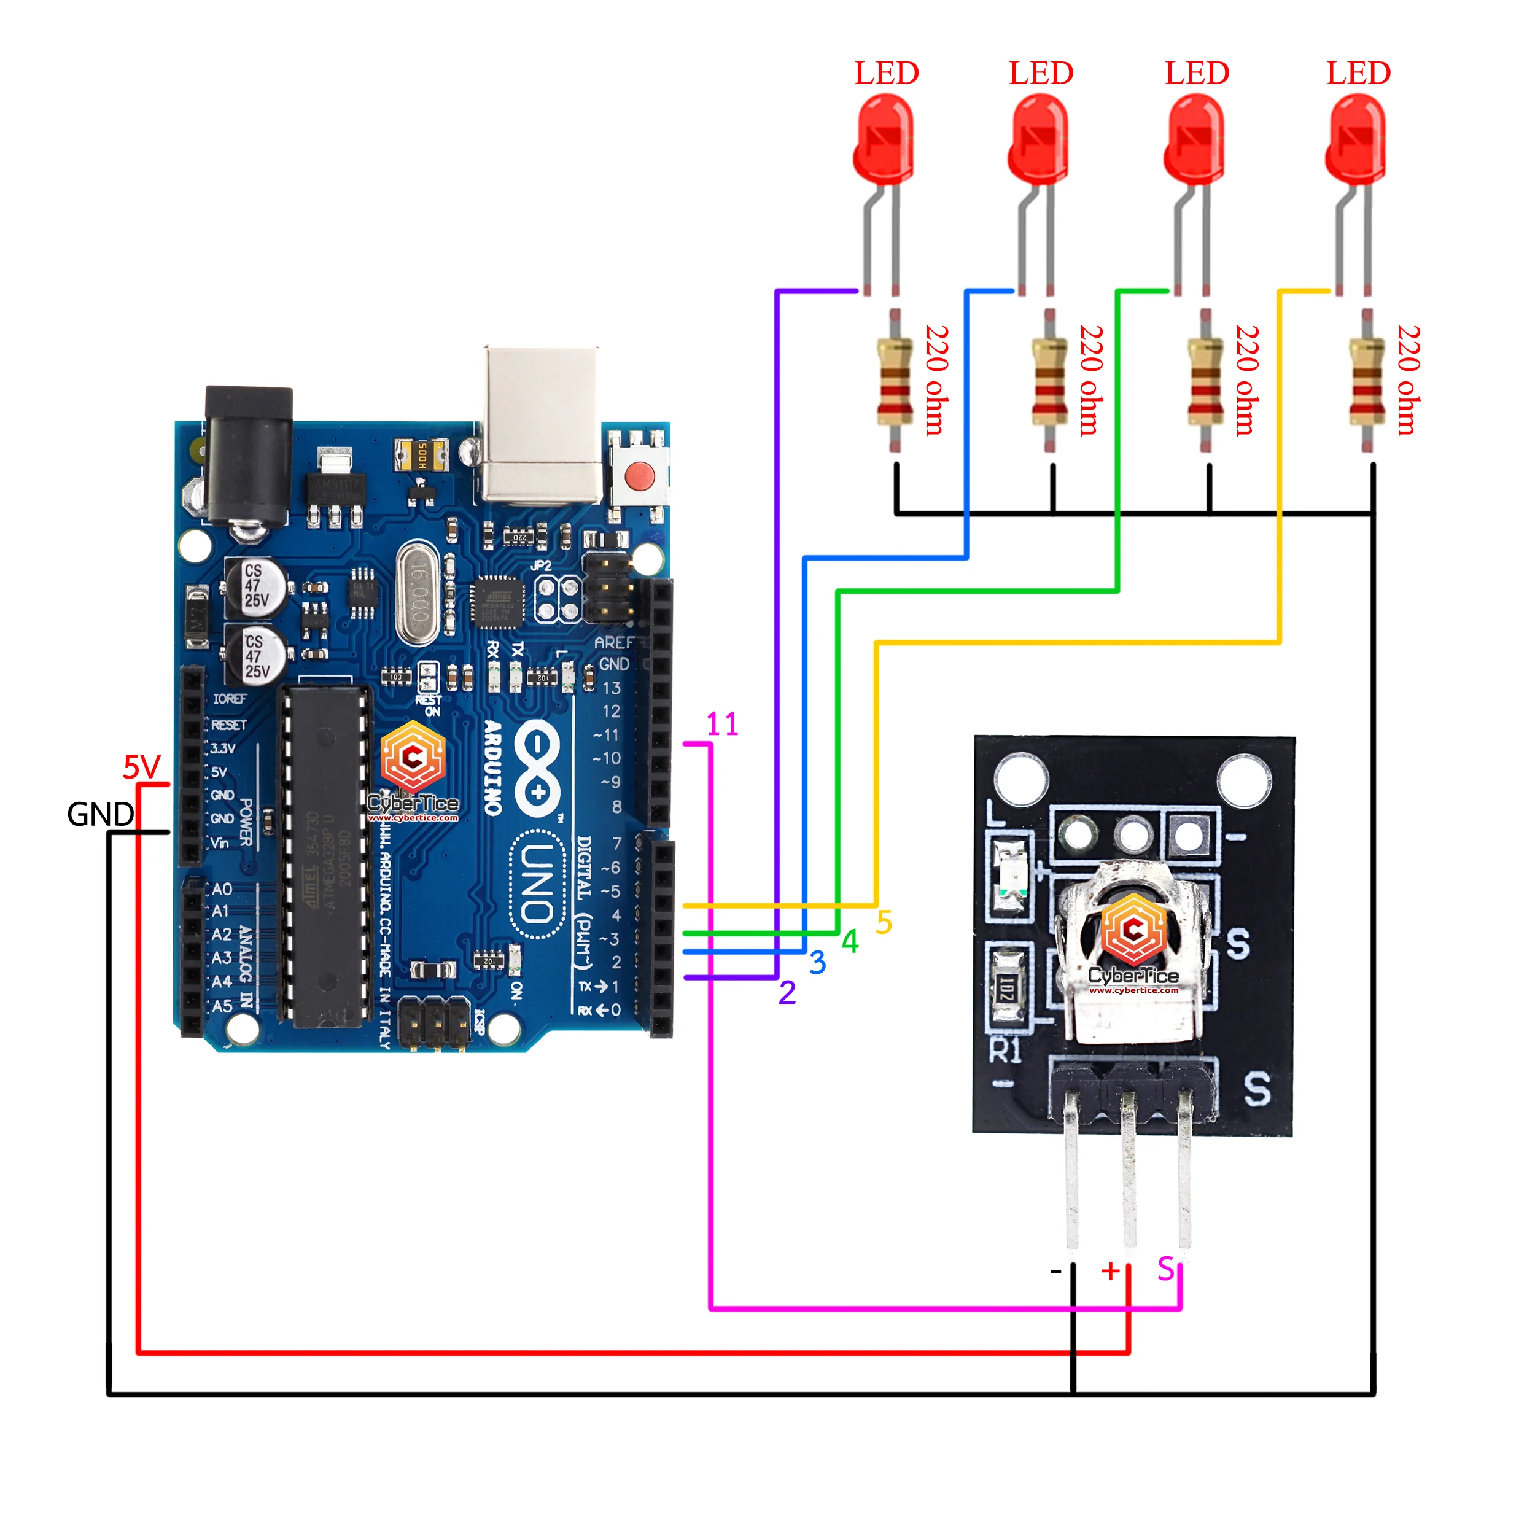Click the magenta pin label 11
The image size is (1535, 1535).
[721, 724]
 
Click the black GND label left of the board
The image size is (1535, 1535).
[100, 814]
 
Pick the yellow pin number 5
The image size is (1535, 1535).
[884, 922]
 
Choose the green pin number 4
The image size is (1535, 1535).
[850, 941]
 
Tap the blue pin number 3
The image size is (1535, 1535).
[818, 963]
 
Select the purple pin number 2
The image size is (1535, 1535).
[787, 992]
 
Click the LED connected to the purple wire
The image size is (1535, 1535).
[884, 139]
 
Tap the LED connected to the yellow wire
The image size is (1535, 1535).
[1356, 139]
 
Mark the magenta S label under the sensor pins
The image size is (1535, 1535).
[1165, 1269]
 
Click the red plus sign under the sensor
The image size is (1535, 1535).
[1110, 1270]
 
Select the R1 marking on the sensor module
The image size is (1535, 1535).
[1005, 1051]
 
